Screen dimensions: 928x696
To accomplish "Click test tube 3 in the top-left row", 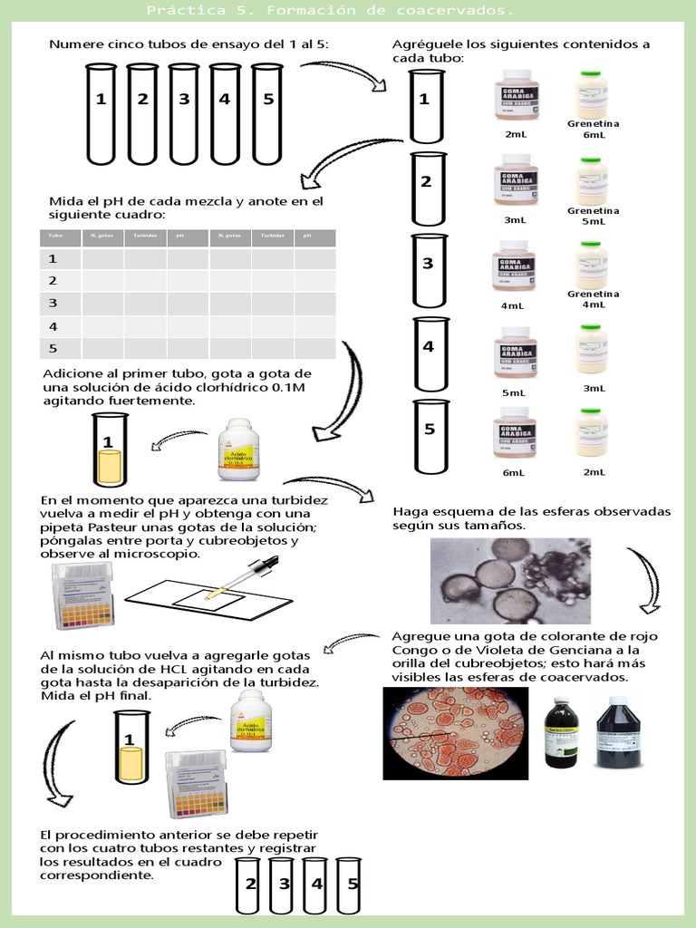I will coord(184,113).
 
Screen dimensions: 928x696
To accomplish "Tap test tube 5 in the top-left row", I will coord(267,113).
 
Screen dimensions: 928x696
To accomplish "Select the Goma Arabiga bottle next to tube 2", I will coord(516,180).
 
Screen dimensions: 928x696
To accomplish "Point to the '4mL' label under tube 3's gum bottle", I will coord(513,306).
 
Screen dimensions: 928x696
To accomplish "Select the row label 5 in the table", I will coord(53,348).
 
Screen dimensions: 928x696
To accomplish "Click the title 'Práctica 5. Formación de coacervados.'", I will coord(331,11).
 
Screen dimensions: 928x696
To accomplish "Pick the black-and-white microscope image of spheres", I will coord(509,581).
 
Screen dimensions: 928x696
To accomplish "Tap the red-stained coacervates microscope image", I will coord(456,732).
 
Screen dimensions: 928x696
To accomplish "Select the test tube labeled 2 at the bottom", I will coord(250,884).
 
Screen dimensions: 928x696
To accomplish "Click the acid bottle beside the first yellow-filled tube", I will coord(238,449).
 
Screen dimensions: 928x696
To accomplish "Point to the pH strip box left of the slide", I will coord(83,595).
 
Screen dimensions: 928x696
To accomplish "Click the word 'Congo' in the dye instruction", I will coord(411,650).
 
